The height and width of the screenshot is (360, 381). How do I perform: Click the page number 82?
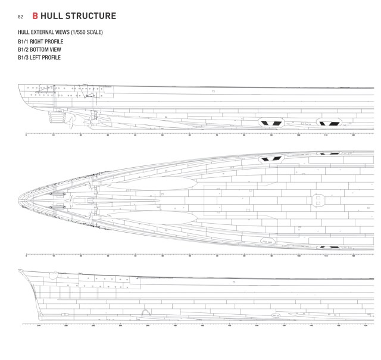tap(20, 16)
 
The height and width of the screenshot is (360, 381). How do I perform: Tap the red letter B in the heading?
tap(36, 15)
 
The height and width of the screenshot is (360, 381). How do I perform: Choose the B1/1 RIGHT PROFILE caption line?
tap(40, 42)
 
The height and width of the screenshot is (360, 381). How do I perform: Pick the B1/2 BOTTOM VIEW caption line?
tap(39, 49)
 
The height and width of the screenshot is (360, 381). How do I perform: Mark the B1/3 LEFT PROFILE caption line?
tap(39, 58)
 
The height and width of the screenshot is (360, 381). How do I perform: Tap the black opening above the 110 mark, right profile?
tap(329, 123)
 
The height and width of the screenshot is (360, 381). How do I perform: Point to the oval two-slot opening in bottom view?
tap(267, 241)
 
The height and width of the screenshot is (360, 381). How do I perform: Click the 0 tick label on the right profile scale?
tap(26, 136)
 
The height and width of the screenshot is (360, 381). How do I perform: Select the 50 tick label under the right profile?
tap(162, 136)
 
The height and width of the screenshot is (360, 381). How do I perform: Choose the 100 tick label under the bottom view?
tap(298, 255)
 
